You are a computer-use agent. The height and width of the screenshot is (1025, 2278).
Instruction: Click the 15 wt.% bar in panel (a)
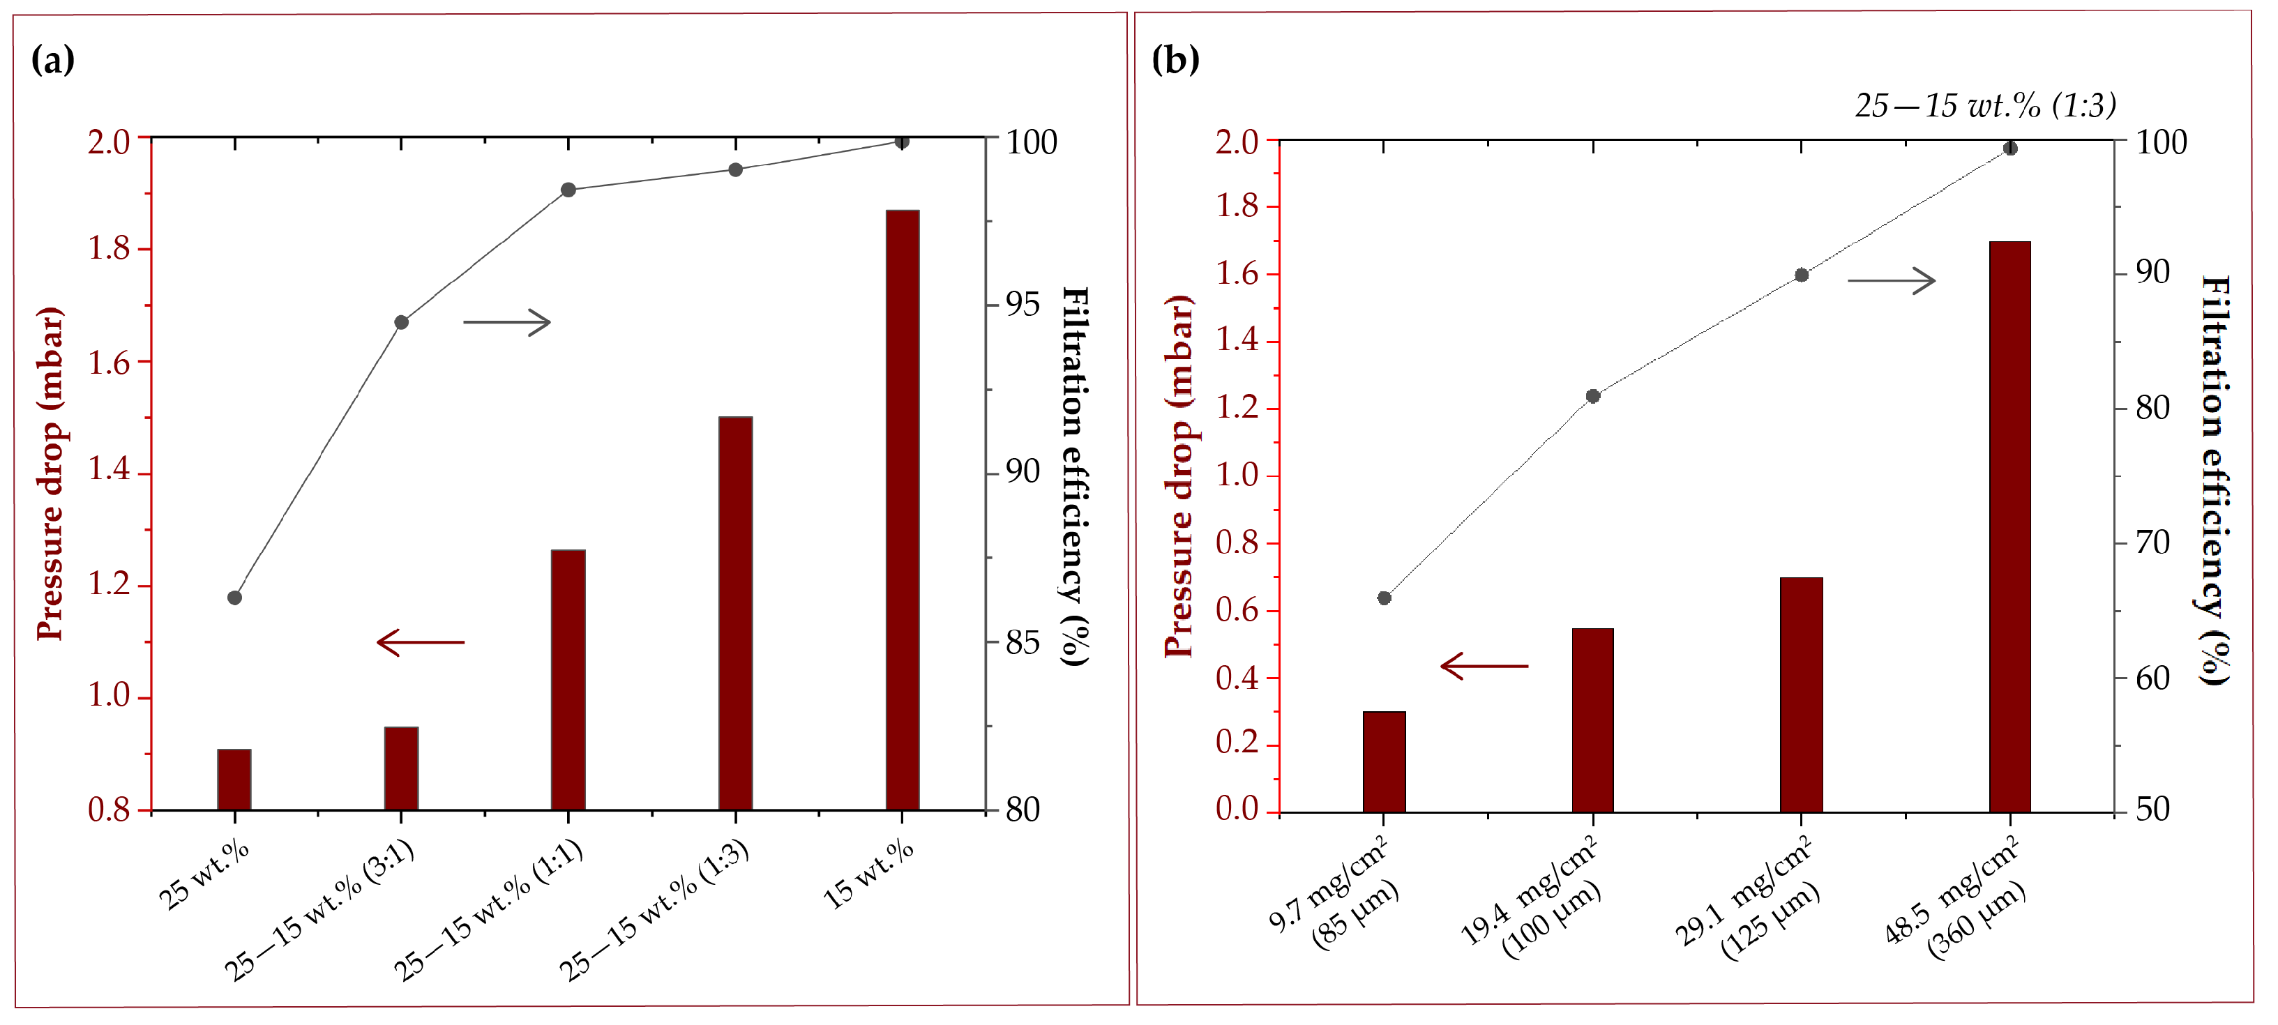902,510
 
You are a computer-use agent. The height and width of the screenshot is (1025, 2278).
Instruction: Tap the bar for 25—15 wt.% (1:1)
568,679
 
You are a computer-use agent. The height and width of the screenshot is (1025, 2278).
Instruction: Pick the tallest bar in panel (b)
2009,526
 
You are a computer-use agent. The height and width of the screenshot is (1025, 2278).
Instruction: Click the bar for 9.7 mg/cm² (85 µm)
1384,761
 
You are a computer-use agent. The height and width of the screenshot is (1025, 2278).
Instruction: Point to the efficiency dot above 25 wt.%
234,598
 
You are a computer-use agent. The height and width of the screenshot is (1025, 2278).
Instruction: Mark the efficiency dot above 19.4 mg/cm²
1592,396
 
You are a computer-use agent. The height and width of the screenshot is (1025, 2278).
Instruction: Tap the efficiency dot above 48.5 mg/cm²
2010,149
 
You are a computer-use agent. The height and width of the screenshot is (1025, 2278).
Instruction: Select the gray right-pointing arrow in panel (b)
1892,281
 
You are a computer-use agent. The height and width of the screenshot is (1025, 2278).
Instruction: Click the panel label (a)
52,60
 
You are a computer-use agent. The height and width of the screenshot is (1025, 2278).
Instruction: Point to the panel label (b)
1175,60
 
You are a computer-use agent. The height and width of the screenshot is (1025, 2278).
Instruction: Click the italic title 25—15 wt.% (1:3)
1985,106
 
